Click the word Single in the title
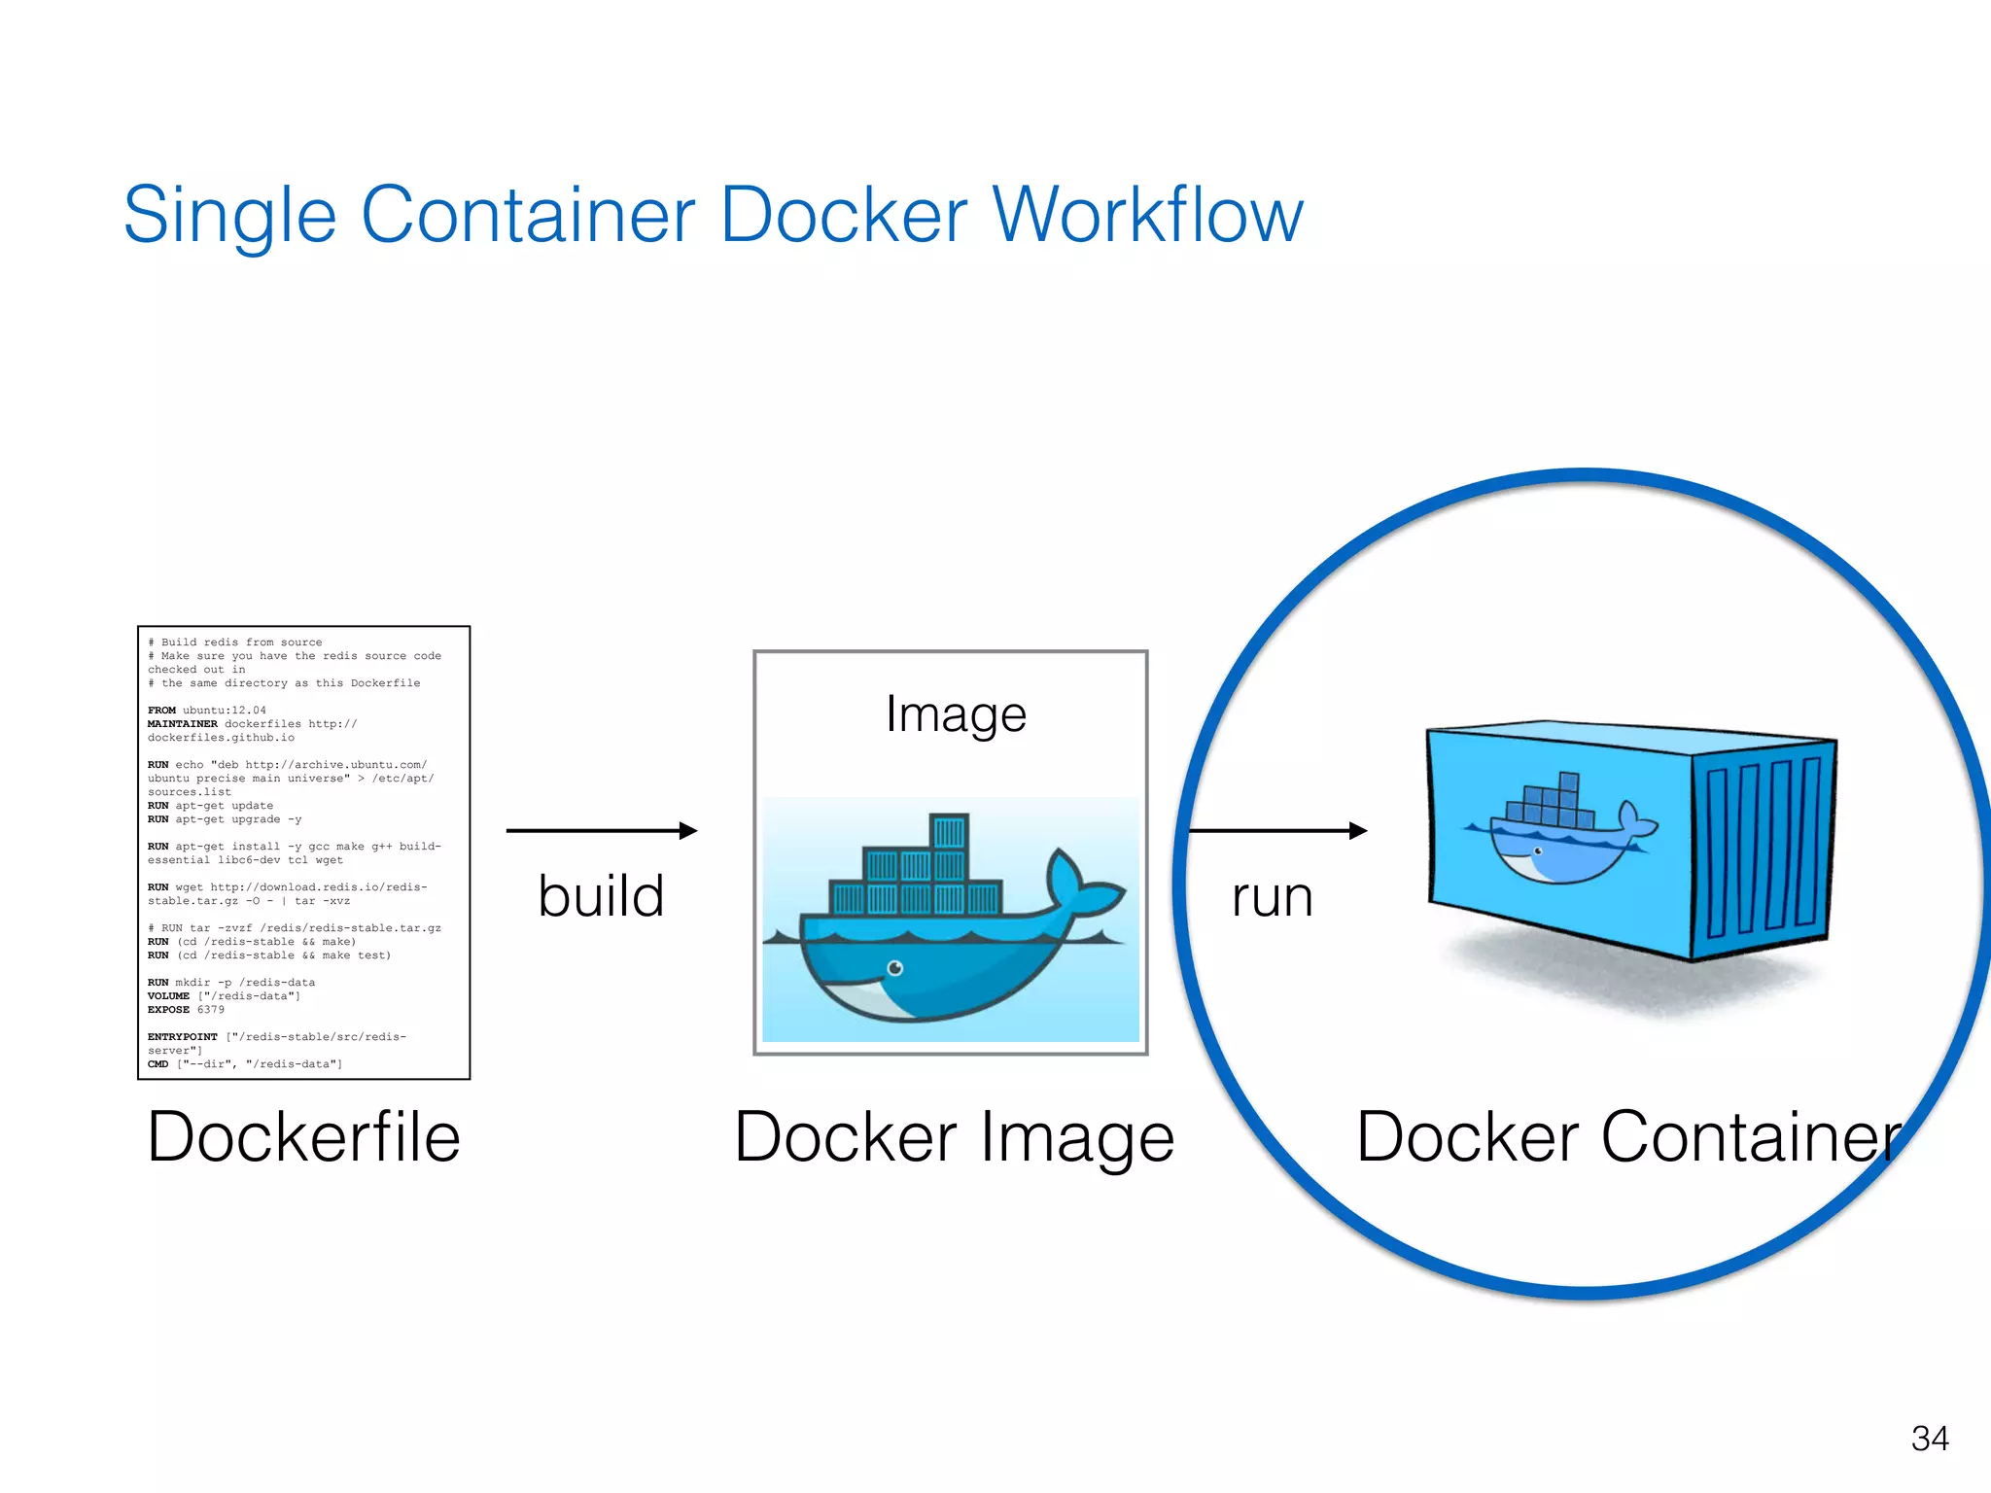229,215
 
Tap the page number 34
1929,1439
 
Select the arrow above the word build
602,830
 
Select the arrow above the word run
1277,830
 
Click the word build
601,896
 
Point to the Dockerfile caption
303,1137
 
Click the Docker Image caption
954,1137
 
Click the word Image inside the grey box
956,715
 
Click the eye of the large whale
895,968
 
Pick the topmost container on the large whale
949,832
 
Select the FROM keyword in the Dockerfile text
161,711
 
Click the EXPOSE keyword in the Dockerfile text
168,1010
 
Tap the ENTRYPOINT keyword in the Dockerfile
182,1037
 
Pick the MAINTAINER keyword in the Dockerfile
182,724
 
